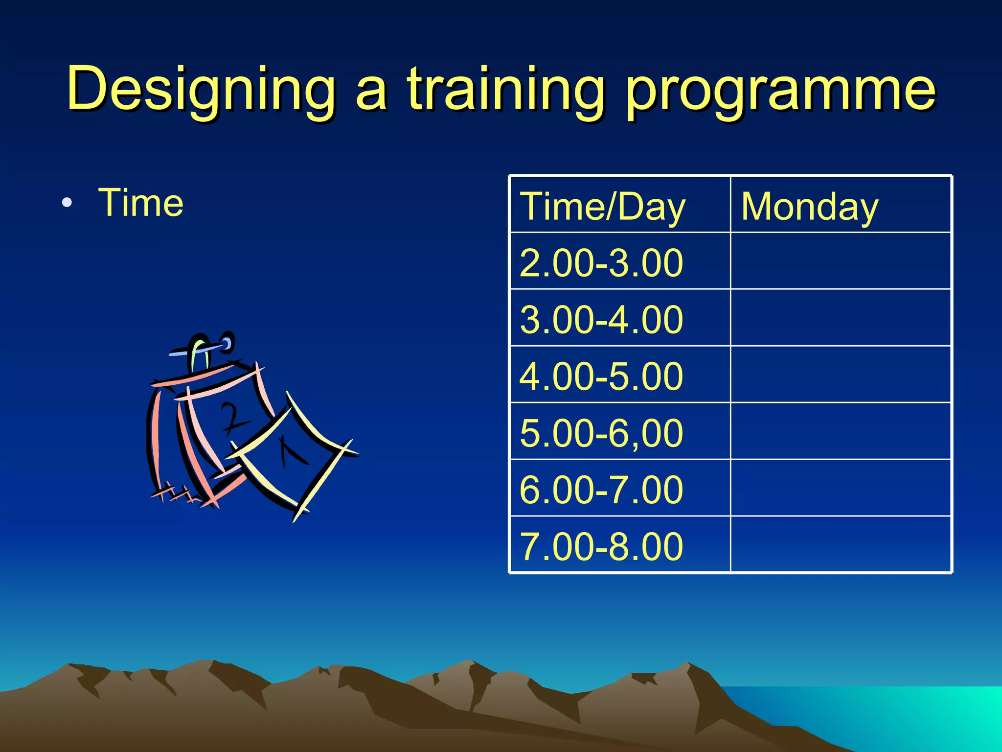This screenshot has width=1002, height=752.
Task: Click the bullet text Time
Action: (141, 203)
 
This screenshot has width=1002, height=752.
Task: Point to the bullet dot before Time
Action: (67, 203)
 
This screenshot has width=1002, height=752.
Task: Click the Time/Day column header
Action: (603, 207)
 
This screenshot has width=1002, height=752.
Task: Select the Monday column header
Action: (810, 207)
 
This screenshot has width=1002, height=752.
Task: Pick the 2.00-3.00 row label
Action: (601, 263)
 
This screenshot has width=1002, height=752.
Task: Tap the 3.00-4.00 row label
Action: (601, 320)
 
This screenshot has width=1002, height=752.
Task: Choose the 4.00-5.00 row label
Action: (601, 376)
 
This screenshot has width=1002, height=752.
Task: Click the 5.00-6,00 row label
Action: (601, 433)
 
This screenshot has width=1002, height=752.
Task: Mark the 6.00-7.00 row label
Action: (601, 490)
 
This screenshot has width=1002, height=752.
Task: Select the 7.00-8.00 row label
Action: (601, 546)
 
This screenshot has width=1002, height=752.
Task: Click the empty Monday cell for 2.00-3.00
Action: (841, 261)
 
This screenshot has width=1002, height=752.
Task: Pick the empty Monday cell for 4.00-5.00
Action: (841, 375)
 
